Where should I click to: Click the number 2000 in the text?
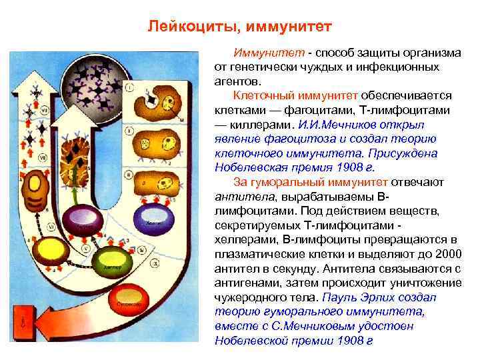443,254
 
